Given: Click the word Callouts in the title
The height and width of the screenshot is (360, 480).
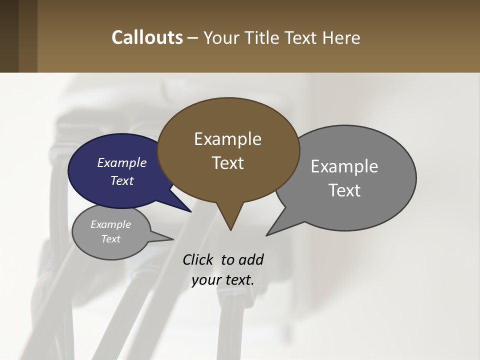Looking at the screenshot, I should click(x=147, y=37).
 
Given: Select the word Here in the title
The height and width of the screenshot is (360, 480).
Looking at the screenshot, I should click(x=342, y=38).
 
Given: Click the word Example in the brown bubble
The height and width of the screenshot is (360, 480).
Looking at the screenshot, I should click(x=227, y=139).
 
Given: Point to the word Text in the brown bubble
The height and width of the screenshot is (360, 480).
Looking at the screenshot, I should click(x=227, y=163).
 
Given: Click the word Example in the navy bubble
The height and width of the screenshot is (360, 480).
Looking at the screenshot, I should click(x=122, y=162).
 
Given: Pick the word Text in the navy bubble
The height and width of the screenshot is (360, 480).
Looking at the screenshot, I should click(x=122, y=180).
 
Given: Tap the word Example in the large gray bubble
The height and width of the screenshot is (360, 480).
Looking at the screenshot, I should click(x=344, y=166).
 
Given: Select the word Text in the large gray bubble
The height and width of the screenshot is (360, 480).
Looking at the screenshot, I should click(x=344, y=190).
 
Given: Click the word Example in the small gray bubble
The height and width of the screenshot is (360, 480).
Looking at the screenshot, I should click(x=110, y=224).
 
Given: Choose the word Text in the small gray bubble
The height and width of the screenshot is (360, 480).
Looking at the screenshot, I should click(x=110, y=239).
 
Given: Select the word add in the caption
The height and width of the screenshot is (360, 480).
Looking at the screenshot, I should click(x=251, y=259).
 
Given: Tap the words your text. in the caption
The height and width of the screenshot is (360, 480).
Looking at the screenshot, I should click(x=223, y=280).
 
